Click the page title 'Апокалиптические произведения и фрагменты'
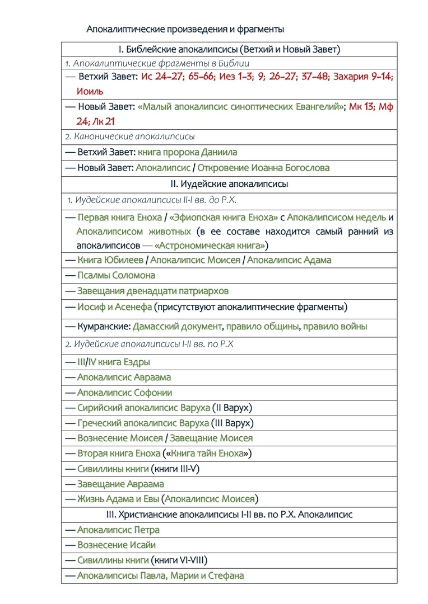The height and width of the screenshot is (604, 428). tap(185, 29)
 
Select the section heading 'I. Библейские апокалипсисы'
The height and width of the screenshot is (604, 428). tap(229, 49)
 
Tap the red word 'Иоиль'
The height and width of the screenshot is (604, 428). tap(90, 91)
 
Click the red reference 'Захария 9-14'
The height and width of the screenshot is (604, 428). tap(362, 77)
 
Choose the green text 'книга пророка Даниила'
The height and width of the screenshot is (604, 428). tap(187, 152)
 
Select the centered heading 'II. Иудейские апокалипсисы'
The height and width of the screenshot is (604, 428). tap(229, 183)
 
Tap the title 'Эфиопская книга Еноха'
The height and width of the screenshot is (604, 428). tap(222, 218)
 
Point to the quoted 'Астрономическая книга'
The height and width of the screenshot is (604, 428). tap(210, 245)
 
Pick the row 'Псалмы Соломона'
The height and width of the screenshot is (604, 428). tap(116, 275)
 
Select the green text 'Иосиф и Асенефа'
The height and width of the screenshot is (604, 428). tap(114, 306)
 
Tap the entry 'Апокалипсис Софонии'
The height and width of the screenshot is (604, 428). tap(124, 393)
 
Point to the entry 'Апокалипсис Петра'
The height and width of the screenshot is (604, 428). tap(118, 530)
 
